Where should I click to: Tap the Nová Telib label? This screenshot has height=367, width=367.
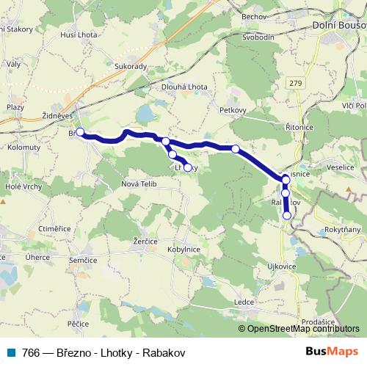139,183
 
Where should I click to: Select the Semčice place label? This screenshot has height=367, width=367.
84,260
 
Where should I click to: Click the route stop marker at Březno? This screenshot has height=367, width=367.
80,133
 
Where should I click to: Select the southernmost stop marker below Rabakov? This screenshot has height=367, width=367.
286,215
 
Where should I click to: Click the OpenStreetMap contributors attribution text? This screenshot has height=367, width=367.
303,329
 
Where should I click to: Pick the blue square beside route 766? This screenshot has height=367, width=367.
10,353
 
